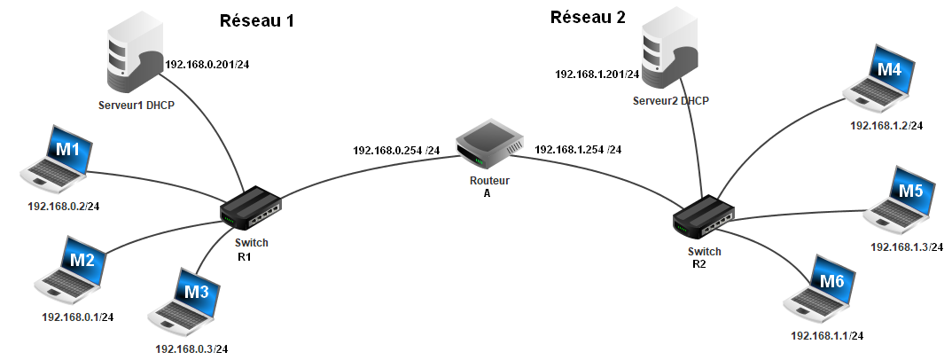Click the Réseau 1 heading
click(256, 21)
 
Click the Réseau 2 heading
click(589, 17)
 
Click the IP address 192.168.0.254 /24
click(396, 150)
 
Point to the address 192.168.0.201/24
click(207, 64)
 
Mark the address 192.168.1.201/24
click(597, 74)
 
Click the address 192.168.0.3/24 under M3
click(197, 349)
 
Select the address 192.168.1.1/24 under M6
click(826, 336)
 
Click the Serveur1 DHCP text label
click(137, 105)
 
